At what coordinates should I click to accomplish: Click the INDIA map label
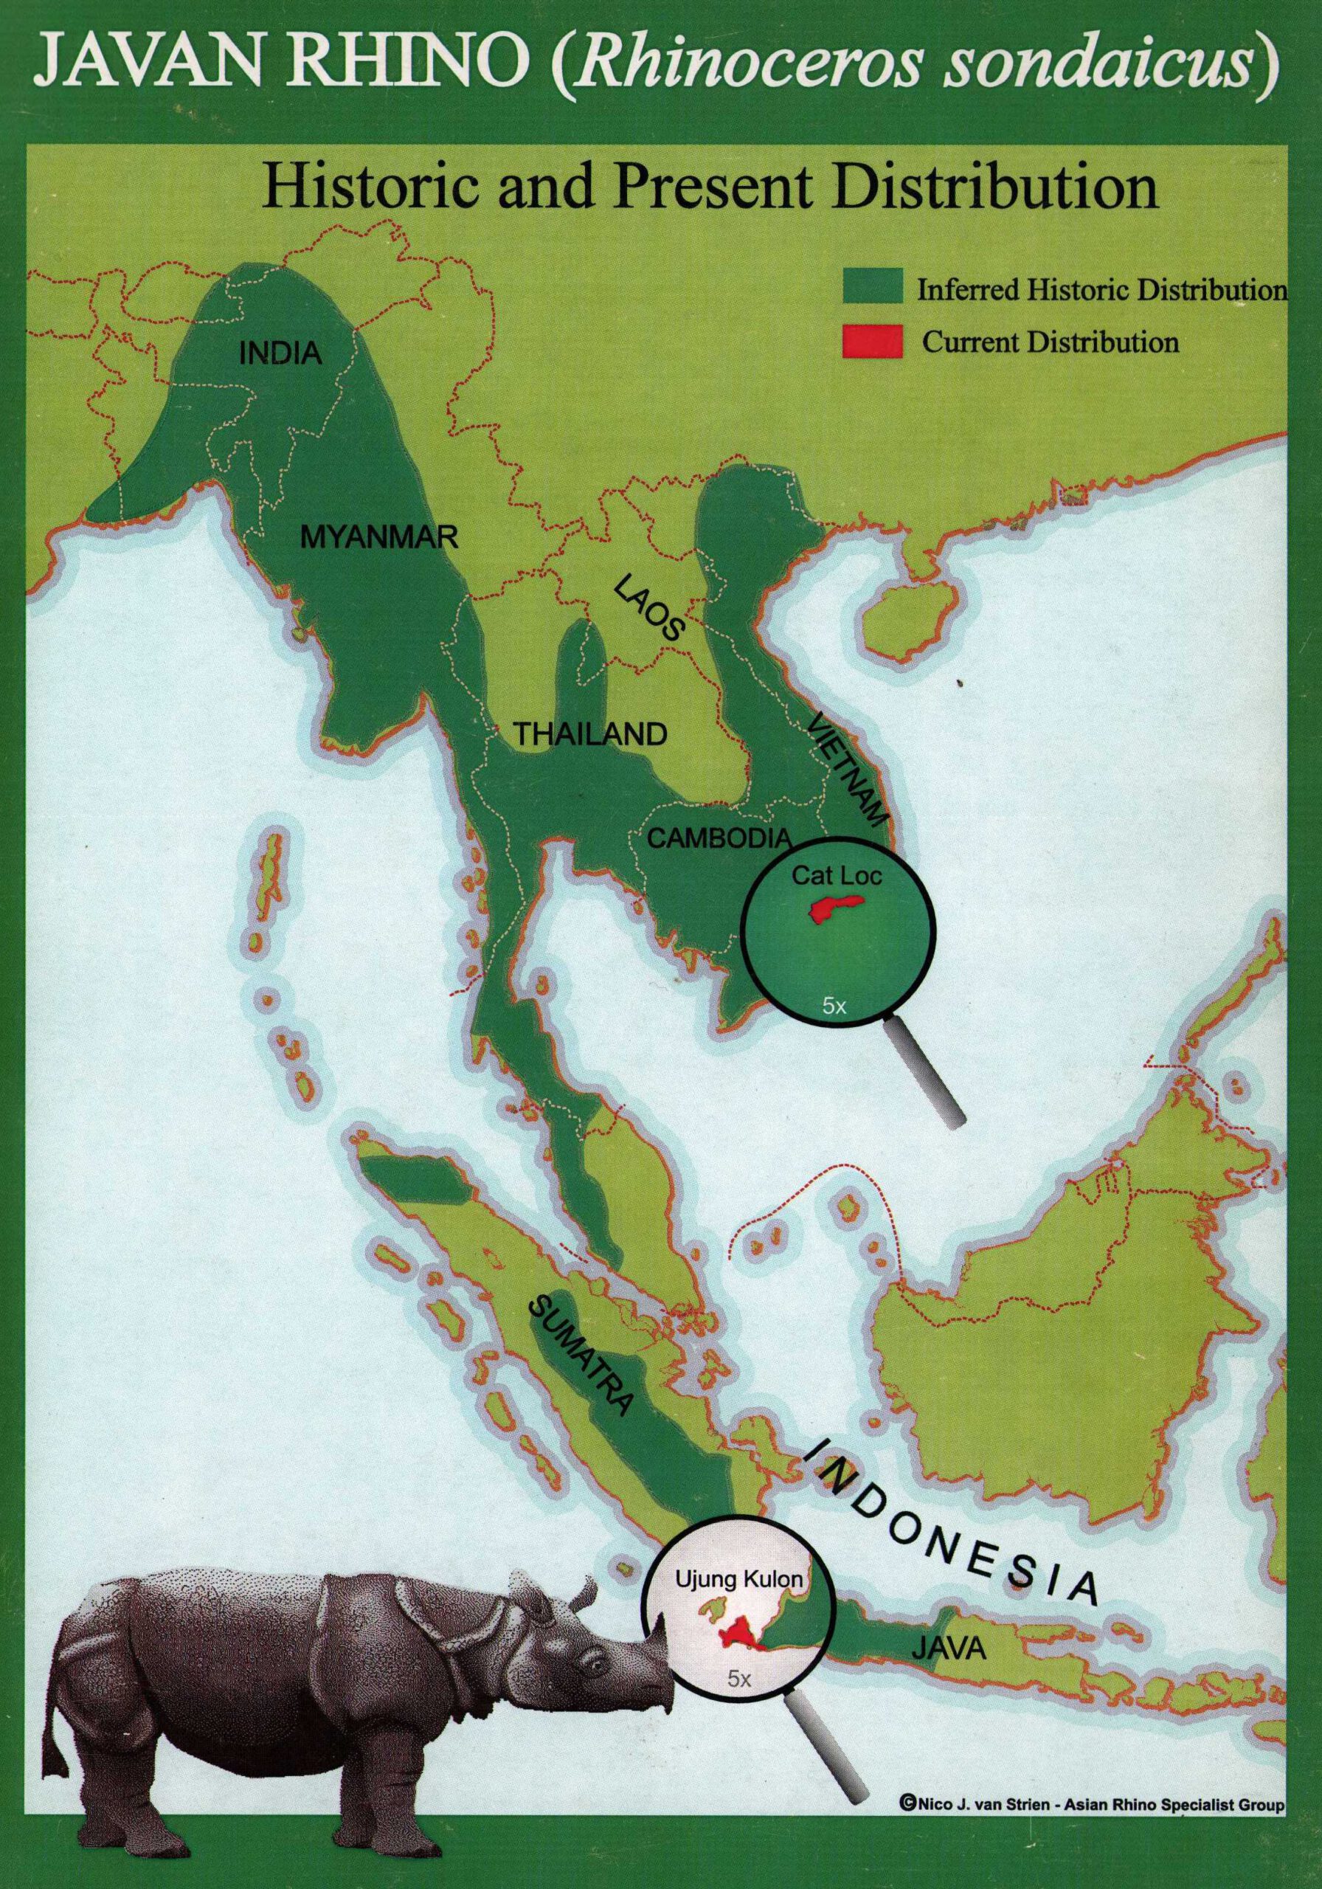(280, 353)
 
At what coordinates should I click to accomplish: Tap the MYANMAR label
(379, 538)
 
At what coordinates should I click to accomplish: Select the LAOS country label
(648, 608)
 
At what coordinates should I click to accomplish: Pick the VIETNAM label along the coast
(848, 770)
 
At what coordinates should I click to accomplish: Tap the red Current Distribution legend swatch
(873, 341)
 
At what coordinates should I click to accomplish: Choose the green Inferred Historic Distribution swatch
(873, 289)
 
